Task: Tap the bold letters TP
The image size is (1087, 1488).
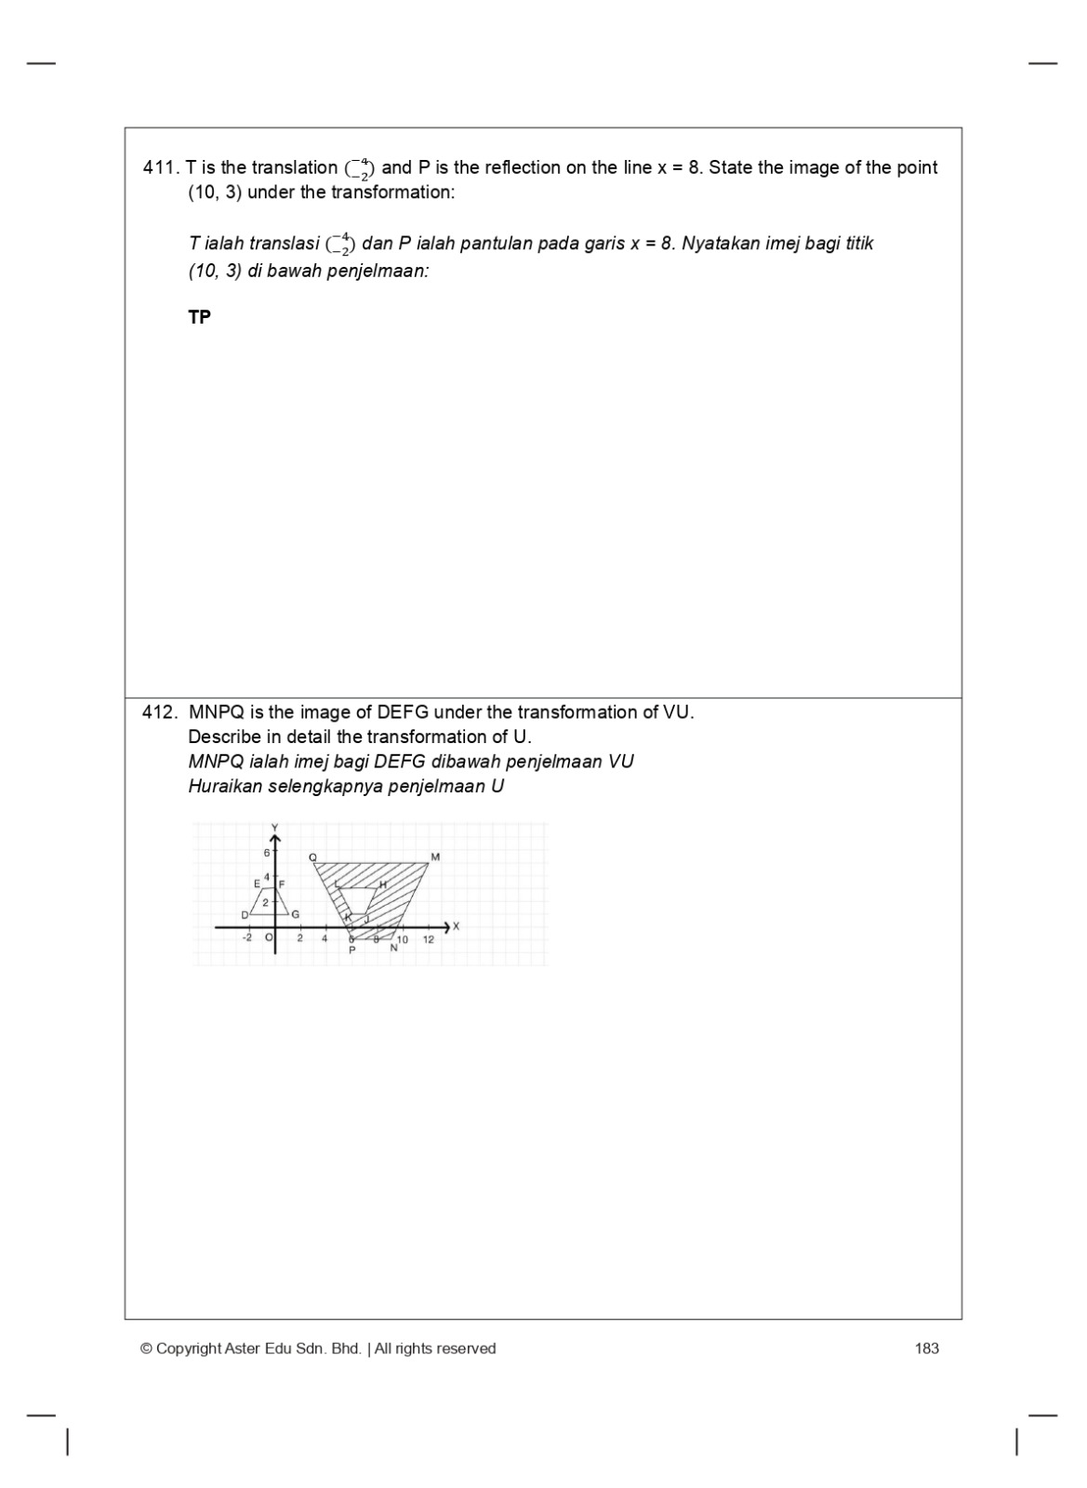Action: point(199,317)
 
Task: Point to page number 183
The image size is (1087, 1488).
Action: point(926,1348)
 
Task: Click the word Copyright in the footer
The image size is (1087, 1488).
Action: point(189,1348)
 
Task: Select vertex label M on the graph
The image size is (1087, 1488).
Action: point(435,857)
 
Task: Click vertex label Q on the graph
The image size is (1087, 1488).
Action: point(312,857)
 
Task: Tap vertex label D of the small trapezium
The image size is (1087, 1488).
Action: point(245,915)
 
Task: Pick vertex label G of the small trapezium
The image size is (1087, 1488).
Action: point(296,915)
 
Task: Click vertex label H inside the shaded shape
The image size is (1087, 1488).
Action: point(382,884)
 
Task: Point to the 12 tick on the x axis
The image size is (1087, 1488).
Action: point(429,940)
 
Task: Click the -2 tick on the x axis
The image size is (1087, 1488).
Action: point(246,938)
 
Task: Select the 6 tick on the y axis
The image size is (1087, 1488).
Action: point(266,853)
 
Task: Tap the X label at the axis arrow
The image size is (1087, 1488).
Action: point(457,926)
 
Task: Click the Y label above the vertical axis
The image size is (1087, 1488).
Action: point(274,827)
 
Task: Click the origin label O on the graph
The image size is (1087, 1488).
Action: point(269,938)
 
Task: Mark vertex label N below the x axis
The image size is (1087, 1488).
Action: point(393,948)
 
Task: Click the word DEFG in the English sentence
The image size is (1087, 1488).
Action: point(402,713)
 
